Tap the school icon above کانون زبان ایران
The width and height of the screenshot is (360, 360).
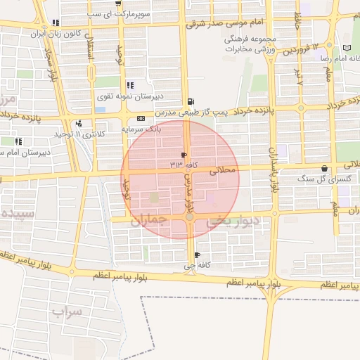pyautogui.click(x=55, y=22)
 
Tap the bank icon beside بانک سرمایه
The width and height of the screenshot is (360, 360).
pyautogui.click(x=141, y=118)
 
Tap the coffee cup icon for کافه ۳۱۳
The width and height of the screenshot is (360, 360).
pyautogui.click(x=184, y=155)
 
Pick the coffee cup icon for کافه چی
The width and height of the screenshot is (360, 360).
pyautogui.click(x=196, y=255)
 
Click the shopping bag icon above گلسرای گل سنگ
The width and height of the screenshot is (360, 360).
pyautogui.click(x=324, y=169)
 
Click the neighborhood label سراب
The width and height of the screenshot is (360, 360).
pyautogui.click(x=68, y=309)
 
